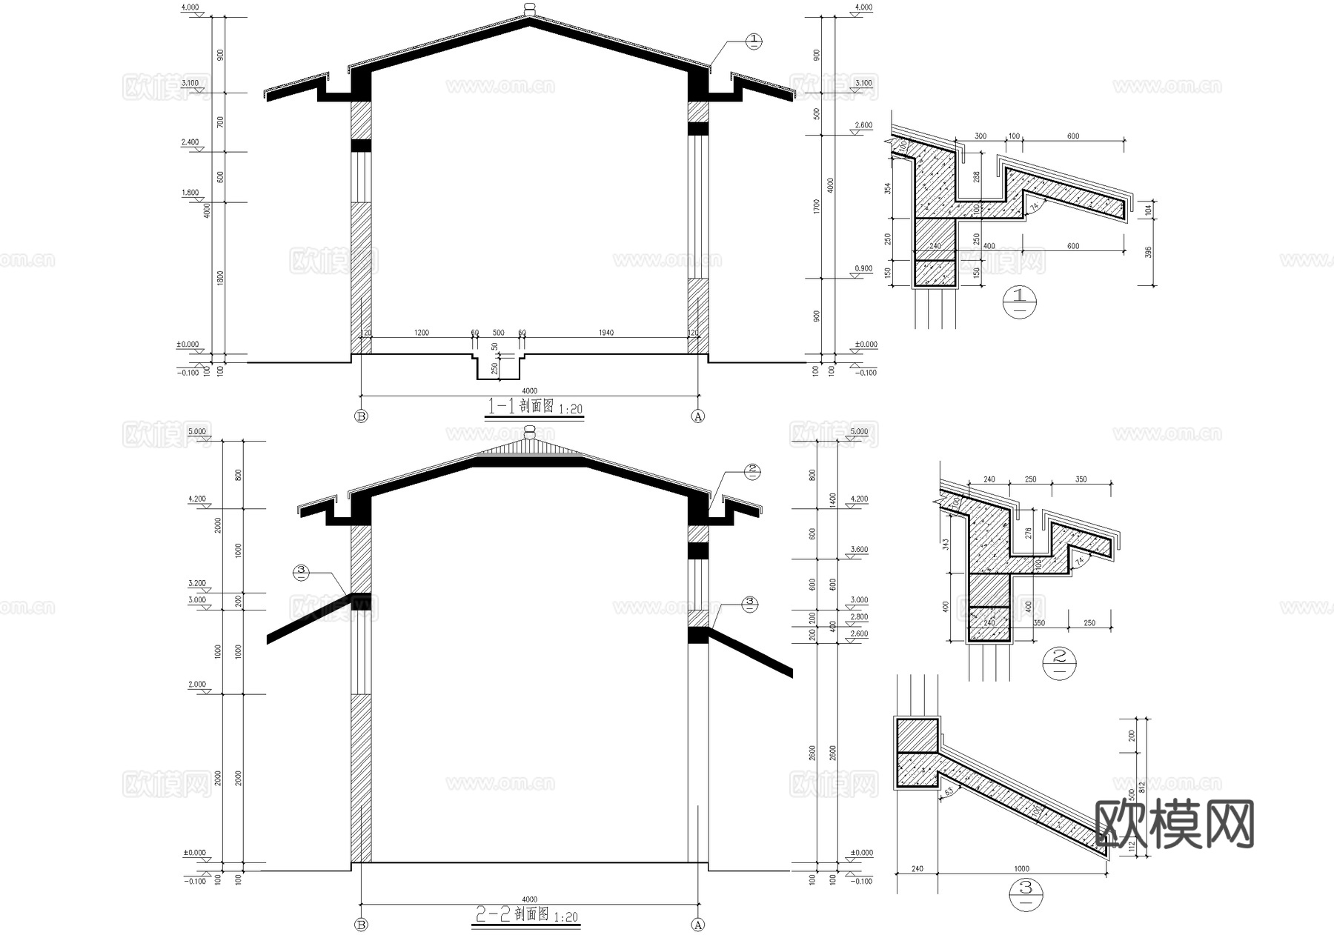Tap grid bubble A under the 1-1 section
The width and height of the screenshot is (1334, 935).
coord(697,416)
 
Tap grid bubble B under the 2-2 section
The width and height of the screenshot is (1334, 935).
coord(361,925)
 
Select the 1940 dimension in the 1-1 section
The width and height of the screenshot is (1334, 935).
coord(605,333)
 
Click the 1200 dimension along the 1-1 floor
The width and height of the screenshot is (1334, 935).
coord(421,333)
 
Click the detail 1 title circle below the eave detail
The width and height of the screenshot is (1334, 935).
coord(1019,302)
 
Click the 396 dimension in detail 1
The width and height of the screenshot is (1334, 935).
coord(1148,253)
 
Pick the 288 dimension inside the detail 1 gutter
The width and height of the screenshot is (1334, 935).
coord(976,178)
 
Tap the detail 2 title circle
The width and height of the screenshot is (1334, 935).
coord(1059,662)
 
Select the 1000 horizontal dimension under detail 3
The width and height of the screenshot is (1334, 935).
coord(1021,868)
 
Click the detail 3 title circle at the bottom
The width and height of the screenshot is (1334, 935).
coord(1026,896)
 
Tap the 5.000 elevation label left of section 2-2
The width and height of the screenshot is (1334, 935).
coord(196,432)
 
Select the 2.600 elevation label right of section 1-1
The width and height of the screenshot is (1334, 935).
coord(863,125)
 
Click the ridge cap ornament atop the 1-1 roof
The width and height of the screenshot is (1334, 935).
coord(528,8)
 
